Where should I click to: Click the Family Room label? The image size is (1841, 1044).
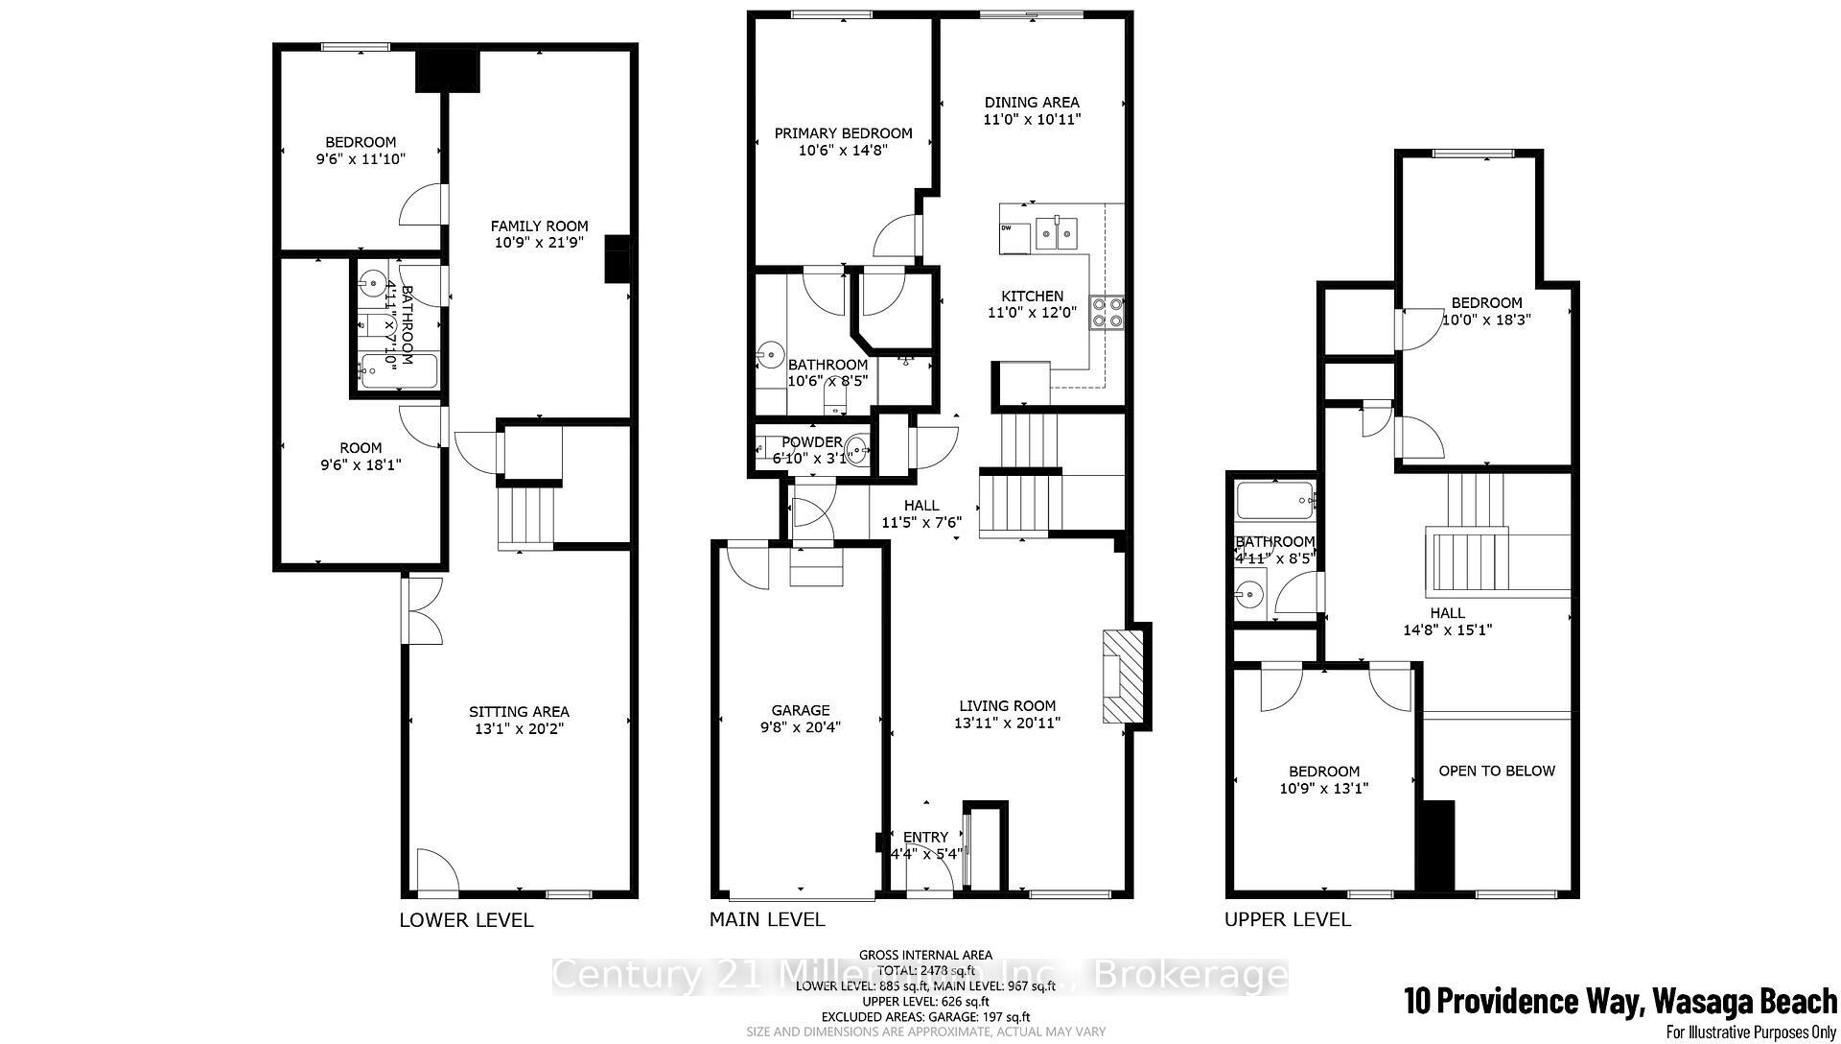tap(539, 226)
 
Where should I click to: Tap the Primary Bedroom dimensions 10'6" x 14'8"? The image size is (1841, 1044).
tap(843, 151)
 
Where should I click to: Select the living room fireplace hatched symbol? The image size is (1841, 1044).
tap(1123, 676)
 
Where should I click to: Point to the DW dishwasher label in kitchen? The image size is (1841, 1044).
tap(1007, 228)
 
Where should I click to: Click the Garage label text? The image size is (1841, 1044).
tap(800, 710)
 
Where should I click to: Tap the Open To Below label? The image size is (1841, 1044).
tap(1496, 771)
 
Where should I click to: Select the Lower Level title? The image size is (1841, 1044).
tap(466, 920)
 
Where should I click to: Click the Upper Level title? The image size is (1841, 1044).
tap(1287, 920)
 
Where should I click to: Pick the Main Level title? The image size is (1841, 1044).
tap(766, 919)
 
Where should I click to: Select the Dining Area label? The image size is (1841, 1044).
tap(1032, 102)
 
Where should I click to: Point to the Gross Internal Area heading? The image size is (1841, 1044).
tap(925, 955)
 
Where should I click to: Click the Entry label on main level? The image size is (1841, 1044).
tap(925, 837)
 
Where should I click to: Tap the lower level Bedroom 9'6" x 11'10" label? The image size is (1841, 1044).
tap(361, 142)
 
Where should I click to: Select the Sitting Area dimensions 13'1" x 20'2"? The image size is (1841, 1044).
tap(519, 728)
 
